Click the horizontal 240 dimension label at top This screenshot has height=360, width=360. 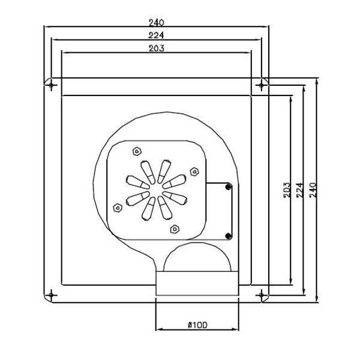click(x=157, y=23)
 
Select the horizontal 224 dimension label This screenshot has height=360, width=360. click(x=156, y=35)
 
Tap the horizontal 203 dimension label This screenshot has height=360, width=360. click(x=157, y=48)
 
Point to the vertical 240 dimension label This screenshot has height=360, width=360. click(x=313, y=190)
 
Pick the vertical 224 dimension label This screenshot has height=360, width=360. click(x=300, y=190)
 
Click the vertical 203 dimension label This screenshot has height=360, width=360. click(x=287, y=190)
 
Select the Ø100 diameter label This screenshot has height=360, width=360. click(x=197, y=325)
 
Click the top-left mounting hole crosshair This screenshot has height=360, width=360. click(x=51, y=85)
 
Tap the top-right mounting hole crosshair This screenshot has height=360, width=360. click(x=261, y=85)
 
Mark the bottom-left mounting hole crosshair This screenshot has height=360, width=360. click(x=51, y=295)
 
